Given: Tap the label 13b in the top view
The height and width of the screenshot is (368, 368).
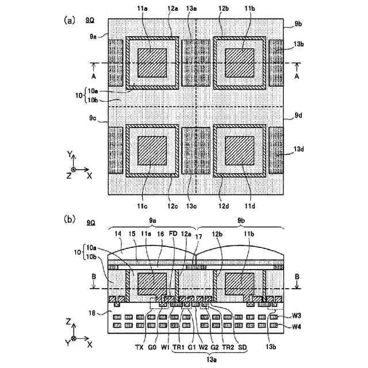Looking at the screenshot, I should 298,44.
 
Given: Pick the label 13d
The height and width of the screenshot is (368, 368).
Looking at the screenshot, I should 298,149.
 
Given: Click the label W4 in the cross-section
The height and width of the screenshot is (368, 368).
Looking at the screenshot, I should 297,327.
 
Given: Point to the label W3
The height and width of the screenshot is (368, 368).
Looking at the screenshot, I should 297,316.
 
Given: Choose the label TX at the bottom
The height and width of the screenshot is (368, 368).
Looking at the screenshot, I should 138,347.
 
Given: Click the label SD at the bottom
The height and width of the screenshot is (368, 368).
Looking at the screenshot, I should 242,347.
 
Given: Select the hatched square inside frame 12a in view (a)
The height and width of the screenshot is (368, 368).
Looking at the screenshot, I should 152,62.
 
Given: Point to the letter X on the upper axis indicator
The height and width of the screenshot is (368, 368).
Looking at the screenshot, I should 89,177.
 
